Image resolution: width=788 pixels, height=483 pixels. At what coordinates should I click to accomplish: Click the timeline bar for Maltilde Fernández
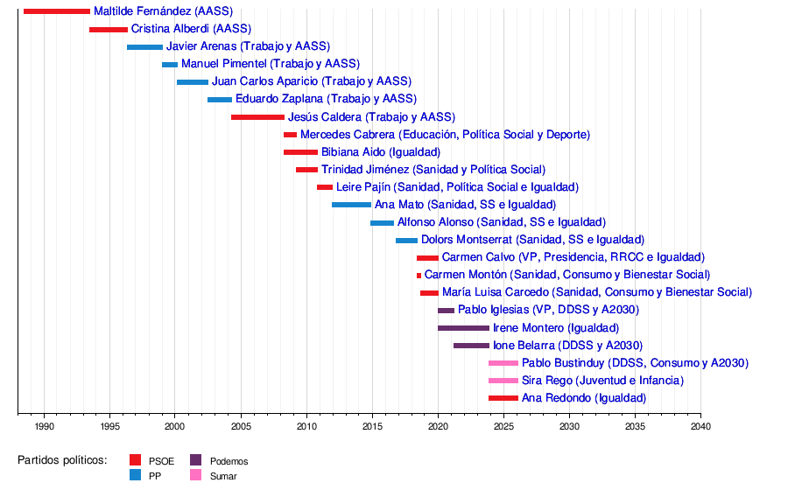click(57, 11)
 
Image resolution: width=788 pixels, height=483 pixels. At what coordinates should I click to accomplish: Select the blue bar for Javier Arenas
click(144, 46)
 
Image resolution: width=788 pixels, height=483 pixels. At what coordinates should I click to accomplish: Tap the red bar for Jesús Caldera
click(257, 117)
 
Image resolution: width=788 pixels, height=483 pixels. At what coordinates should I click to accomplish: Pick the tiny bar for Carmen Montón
click(419, 276)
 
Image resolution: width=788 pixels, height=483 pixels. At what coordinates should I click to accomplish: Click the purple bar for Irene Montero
click(463, 328)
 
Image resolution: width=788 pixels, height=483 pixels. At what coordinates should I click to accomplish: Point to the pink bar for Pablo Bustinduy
click(503, 363)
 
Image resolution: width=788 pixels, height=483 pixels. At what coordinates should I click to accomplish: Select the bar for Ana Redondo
click(503, 398)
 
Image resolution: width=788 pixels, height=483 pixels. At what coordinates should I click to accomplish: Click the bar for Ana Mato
click(351, 205)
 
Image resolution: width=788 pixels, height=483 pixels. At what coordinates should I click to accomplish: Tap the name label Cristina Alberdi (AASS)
click(179, 29)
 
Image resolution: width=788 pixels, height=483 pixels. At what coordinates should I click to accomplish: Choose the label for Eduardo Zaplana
click(326, 99)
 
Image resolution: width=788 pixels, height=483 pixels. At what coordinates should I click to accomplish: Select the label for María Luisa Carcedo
click(596, 292)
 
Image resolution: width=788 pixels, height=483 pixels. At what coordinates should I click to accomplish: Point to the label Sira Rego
click(602, 381)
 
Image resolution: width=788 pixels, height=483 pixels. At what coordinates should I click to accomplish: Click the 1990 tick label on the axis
click(44, 426)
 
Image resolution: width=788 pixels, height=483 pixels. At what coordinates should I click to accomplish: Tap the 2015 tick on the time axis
click(372, 426)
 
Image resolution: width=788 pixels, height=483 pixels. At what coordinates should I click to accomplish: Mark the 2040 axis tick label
click(700, 426)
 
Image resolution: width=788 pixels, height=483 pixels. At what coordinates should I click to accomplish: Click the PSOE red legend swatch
click(135, 460)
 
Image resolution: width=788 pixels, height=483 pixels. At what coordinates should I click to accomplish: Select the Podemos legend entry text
click(229, 461)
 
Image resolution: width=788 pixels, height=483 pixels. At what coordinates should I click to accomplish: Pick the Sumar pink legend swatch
click(196, 476)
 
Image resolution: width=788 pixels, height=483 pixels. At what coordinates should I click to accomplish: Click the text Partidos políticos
click(62, 460)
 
